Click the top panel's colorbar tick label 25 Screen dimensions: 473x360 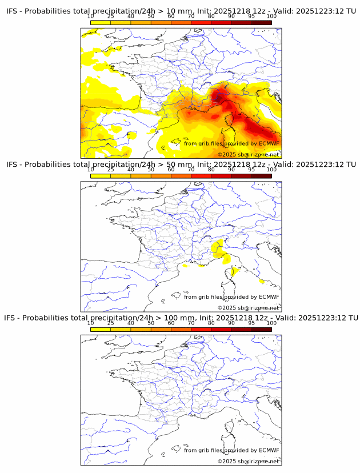(110, 16)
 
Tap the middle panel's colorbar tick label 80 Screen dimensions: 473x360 (211, 170)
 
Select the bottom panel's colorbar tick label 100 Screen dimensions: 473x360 (271, 323)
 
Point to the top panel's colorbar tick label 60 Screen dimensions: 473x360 (171, 16)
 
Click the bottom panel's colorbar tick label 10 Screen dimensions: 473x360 (90, 323)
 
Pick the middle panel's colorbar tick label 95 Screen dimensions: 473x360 (251, 170)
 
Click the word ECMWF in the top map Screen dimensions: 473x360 (269, 143)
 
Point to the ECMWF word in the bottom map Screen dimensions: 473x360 (269, 450)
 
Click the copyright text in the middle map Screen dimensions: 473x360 (248, 308)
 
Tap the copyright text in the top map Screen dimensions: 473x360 (248, 155)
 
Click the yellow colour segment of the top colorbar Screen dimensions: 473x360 (100, 22)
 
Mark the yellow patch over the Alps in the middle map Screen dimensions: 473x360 (217, 248)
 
